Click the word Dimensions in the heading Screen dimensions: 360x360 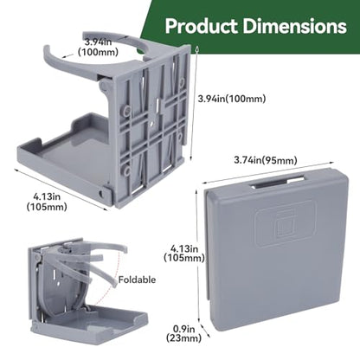(295, 26)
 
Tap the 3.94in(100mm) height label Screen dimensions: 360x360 (232, 99)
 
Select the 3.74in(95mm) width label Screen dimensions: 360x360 (266, 160)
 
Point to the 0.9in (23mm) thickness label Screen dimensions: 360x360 (183, 333)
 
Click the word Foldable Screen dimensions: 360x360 (137, 280)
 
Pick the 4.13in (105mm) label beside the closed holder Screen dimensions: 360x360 (184, 253)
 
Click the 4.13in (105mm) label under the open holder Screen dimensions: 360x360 (47, 202)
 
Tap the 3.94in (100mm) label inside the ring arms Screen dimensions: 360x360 (98, 47)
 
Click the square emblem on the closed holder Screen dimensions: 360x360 (286, 224)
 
